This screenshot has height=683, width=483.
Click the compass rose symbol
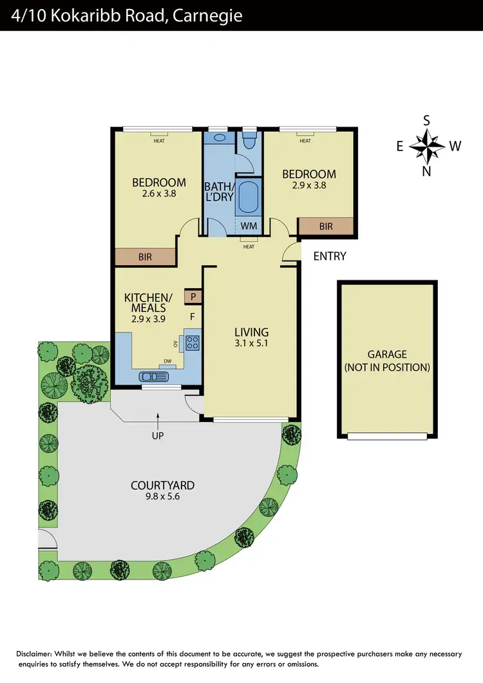tap(427, 146)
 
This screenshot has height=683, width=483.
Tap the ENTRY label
tap(330, 256)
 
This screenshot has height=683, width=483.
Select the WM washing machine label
tap(249, 226)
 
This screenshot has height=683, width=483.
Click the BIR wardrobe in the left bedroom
tap(146, 257)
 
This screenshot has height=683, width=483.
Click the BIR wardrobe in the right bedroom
tap(326, 226)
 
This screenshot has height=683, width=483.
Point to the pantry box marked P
tap(193, 296)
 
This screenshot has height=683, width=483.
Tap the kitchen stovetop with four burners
tap(193, 343)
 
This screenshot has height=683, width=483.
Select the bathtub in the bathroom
tap(248, 197)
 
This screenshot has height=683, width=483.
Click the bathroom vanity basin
tap(218, 138)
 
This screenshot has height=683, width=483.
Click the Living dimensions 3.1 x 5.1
tap(251, 343)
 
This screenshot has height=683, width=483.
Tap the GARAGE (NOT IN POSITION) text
tap(387, 361)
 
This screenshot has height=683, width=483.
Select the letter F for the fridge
tap(192, 316)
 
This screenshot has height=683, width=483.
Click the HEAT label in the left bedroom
tap(158, 141)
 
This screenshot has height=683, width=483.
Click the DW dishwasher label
tap(167, 361)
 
